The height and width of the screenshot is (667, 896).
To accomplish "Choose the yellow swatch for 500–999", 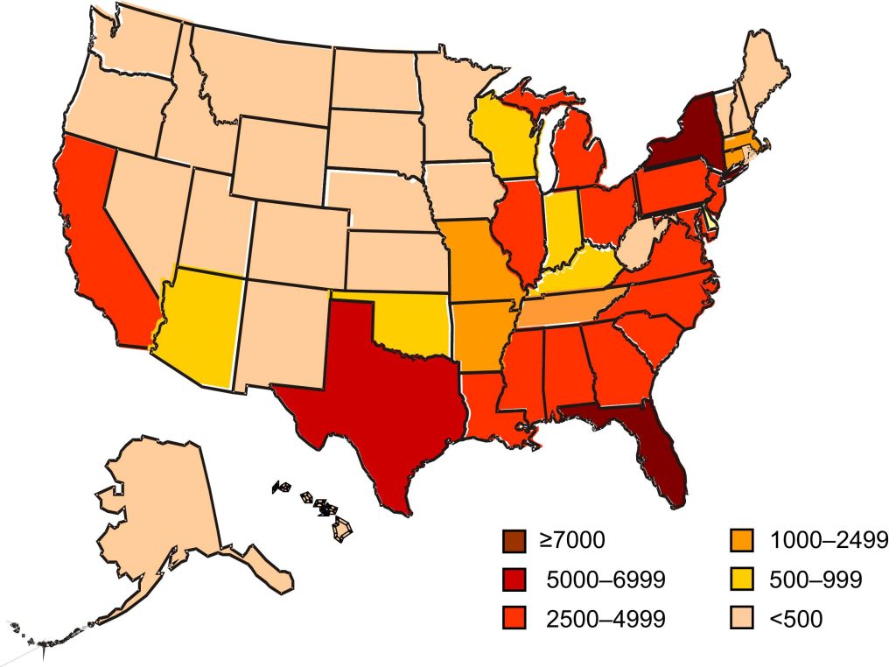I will point(738,579).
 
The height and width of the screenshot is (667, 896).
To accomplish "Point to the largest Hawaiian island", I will point(344,530).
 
